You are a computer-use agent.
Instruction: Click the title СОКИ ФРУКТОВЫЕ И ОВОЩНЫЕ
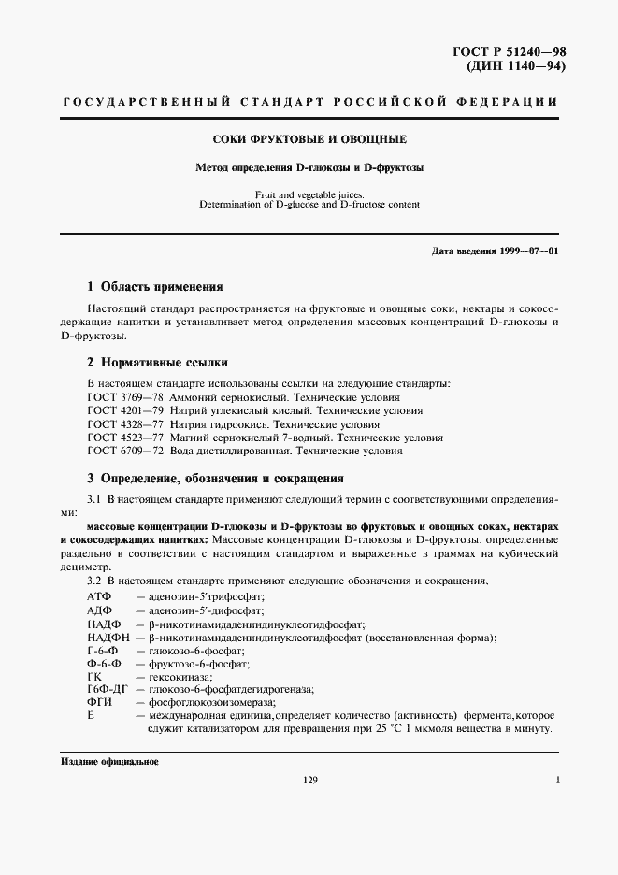(x=309, y=140)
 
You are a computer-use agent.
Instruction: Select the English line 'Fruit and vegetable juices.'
(x=309, y=194)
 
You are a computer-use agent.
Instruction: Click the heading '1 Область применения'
(x=154, y=287)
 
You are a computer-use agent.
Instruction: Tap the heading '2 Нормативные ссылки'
(x=156, y=362)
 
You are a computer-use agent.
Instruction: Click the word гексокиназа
(x=174, y=677)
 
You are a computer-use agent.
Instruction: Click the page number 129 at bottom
(x=311, y=781)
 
